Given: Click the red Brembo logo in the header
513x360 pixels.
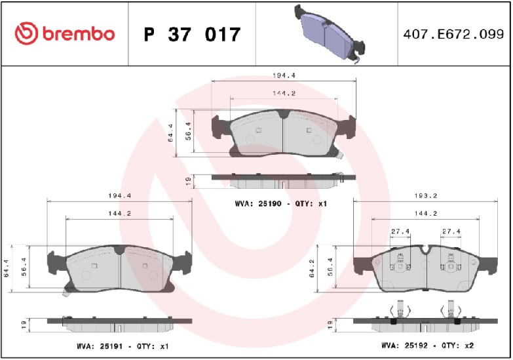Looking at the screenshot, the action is (65, 33).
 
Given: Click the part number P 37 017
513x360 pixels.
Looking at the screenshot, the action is (192, 34).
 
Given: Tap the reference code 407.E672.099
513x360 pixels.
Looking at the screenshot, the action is (453, 34).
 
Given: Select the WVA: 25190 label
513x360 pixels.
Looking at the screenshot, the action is (258, 203).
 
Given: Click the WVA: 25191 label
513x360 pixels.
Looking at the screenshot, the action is (100, 346).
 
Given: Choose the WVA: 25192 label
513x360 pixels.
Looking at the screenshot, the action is (404, 346).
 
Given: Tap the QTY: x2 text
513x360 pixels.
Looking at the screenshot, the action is (457, 346).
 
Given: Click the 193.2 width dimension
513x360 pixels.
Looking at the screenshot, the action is (426, 195).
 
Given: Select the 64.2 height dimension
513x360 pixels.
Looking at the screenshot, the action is (311, 269).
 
